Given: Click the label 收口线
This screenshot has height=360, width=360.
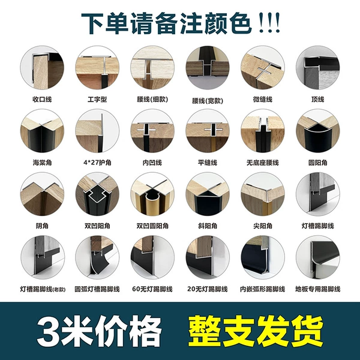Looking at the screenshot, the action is coord(42,100).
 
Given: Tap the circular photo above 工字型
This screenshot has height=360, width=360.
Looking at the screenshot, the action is coord(97,67).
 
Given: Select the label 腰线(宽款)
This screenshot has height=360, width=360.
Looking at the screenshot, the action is coord(208,101).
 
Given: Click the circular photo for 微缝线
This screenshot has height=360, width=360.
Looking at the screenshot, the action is coord(263,67).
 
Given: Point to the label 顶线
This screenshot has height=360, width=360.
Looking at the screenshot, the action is coord(317,100).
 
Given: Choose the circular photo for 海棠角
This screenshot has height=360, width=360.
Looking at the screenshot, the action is coord(42,131).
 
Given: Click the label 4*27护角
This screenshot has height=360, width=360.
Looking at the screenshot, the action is coord(97,163).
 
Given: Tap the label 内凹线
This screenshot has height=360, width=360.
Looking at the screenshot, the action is coord(152,163).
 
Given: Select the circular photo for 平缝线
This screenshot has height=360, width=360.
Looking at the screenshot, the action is coord(208,131).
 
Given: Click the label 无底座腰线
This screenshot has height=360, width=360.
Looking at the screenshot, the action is coord(263,163).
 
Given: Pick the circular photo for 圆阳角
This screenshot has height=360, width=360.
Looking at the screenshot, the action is coord(318,131).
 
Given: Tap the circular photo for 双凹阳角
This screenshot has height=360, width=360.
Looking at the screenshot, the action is coord(97,194).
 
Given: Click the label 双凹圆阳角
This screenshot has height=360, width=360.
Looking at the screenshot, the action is coord(152,226).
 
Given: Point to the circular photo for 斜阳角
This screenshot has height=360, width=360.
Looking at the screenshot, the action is coord(208,194).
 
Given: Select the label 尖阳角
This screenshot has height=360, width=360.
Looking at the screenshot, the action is coord(263,226).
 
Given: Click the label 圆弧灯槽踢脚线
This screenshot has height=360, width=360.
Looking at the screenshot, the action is coord(97,289).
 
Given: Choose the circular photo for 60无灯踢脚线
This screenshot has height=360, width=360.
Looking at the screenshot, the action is coord(152,257).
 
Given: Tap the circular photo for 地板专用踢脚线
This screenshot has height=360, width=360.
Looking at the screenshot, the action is coord(318,257).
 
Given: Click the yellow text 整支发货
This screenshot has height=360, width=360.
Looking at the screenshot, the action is coord(256,331).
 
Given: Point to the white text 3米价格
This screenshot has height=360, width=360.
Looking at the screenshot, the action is coord(99,331).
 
